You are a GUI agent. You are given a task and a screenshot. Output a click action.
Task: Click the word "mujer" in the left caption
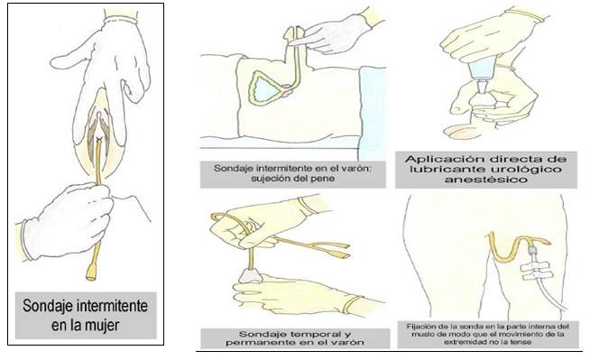pos(103,325)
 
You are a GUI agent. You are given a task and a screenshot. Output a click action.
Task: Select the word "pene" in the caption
pos(325,179)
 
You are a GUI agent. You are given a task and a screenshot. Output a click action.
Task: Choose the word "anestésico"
pos(485,179)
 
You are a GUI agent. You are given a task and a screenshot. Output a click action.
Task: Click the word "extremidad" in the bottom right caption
pos(462,342)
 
